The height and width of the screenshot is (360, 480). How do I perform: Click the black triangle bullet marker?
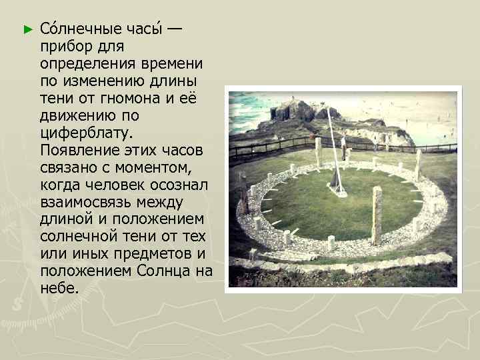(27, 30)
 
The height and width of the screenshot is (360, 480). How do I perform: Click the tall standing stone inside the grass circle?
(377, 215)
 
